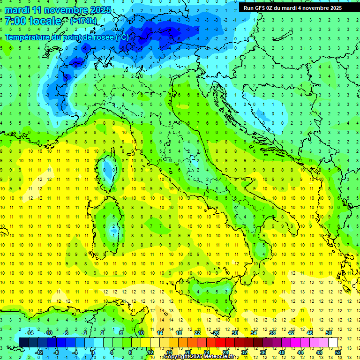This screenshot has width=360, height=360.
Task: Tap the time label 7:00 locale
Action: click(x=33, y=21)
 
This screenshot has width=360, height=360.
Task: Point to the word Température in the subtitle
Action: click(x=29, y=37)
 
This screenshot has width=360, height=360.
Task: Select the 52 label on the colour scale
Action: click(x=338, y=352)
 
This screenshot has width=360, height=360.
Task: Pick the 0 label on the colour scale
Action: click(x=93, y=352)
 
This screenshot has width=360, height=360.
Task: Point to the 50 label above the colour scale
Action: click(x=329, y=333)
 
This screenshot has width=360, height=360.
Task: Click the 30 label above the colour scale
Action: click(x=234, y=333)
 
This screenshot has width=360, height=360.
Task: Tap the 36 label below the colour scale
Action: click(x=263, y=352)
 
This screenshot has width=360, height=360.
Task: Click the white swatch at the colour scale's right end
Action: click(x=333, y=343)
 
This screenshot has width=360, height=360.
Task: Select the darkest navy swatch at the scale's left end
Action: click(x=23, y=343)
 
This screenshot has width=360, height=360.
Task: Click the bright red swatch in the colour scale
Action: click(x=220, y=343)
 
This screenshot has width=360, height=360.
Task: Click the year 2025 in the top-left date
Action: click(x=100, y=9)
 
